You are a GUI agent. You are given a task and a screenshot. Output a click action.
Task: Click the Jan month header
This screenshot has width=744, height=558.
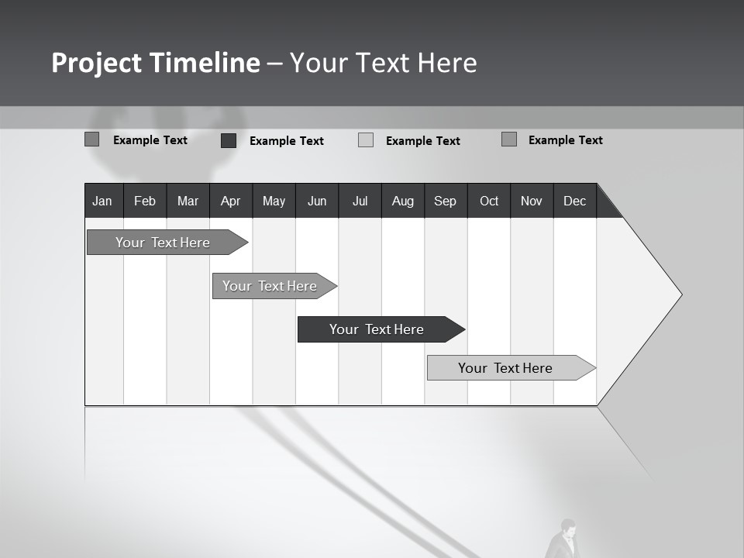(102, 201)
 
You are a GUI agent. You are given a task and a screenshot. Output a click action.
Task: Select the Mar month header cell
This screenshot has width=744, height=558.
(188, 201)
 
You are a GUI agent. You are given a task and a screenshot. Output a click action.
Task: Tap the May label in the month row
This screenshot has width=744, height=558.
(274, 201)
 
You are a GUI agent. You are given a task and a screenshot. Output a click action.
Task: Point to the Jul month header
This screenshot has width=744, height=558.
(360, 201)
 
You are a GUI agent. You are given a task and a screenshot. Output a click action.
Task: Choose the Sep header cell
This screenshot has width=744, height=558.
(445, 201)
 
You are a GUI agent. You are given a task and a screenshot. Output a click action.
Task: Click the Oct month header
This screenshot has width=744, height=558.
(489, 201)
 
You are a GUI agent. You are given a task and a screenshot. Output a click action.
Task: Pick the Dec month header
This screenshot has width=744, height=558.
(574, 201)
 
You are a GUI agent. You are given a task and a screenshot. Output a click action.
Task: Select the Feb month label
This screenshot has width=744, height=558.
(145, 201)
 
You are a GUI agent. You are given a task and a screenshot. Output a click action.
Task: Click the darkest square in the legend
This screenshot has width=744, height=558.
(229, 140)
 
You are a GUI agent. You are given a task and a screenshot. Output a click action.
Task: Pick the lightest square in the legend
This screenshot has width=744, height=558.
(366, 140)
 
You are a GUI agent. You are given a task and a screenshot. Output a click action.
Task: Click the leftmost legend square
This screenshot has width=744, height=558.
(92, 139)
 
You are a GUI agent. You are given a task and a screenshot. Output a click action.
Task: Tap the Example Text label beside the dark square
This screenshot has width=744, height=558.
(286, 141)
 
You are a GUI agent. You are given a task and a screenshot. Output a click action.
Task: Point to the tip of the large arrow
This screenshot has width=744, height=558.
(680, 294)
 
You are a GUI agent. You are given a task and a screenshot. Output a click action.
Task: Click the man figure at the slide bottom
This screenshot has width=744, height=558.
(566, 540)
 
